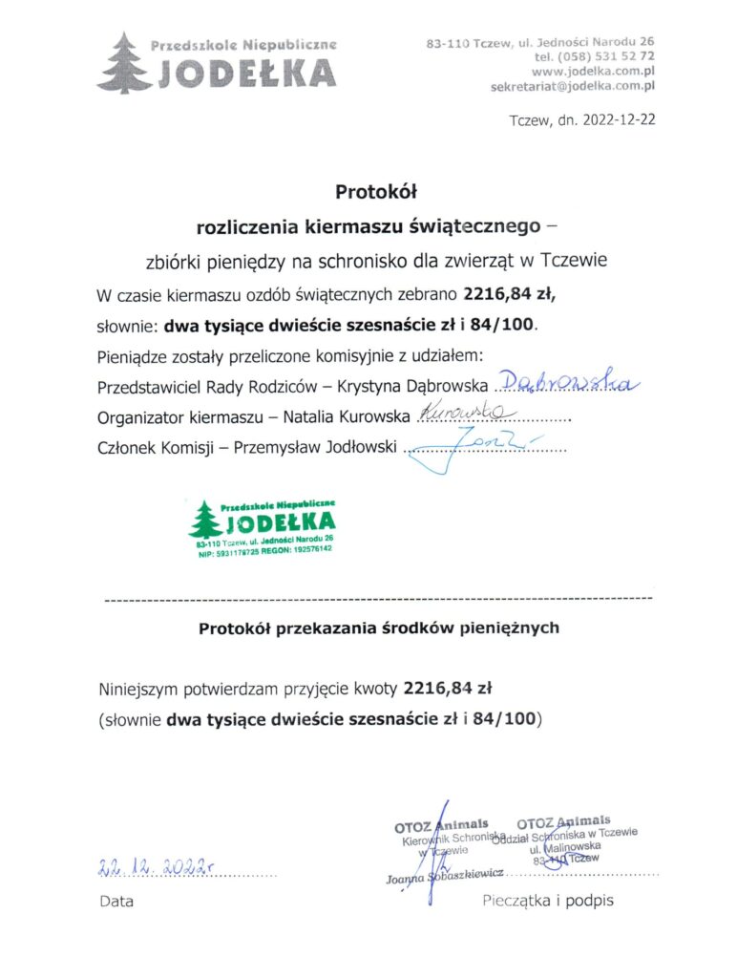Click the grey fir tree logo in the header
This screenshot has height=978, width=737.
point(123,62)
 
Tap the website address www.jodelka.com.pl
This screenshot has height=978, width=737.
point(592,72)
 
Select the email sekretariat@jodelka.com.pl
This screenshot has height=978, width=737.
point(572,86)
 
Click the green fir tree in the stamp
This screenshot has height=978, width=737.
point(204,521)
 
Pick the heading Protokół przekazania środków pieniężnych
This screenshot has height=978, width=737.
point(379,628)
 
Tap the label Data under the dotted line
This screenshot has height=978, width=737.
point(116,901)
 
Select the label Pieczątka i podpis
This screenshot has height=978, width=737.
point(548,900)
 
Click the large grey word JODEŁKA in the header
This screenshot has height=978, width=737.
point(245,73)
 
